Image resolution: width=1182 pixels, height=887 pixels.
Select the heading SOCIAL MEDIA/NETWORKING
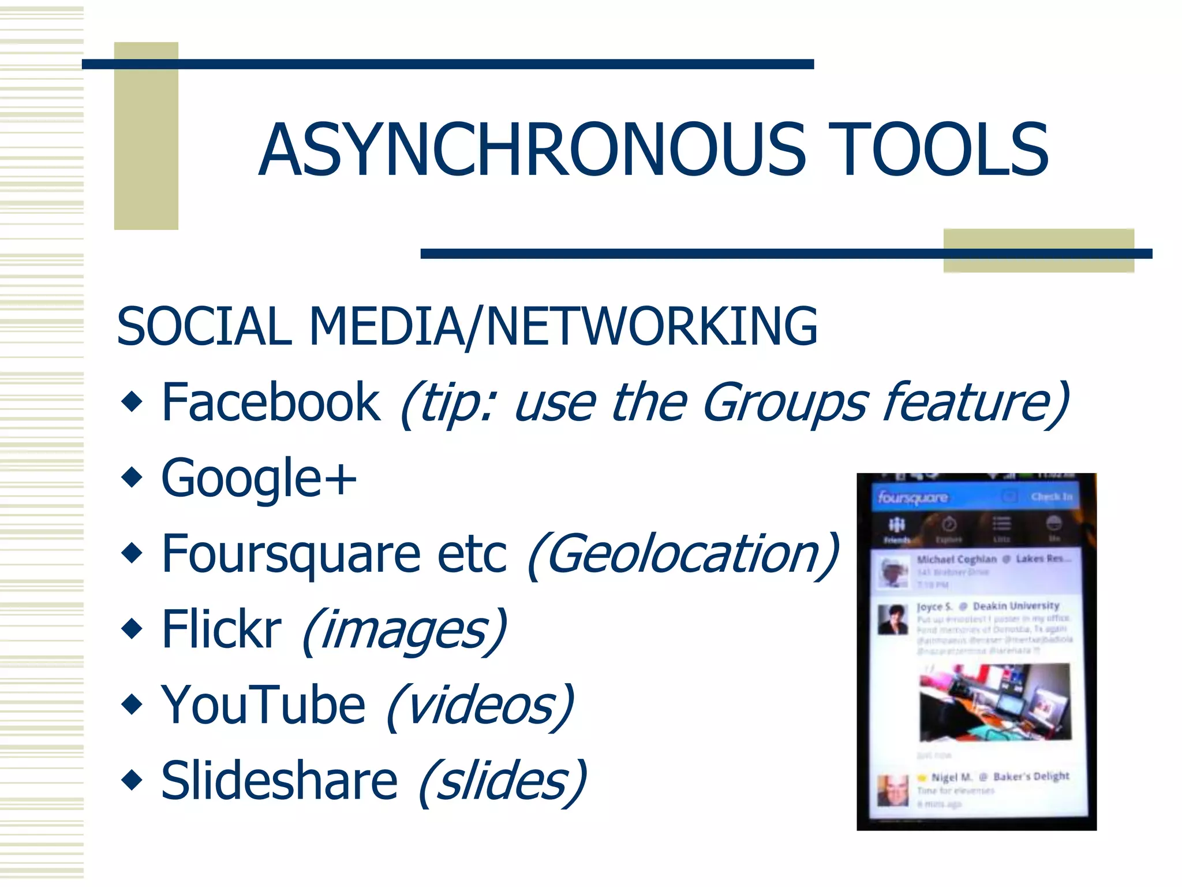(x=466, y=326)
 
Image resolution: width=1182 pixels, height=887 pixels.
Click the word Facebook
(x=271, y=402)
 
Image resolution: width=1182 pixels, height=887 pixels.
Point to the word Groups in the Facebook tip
(x=785, y=403)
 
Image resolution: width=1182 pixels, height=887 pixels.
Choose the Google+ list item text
(x=259, y=478)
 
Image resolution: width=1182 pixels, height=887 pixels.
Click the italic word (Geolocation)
(x=683, y=554)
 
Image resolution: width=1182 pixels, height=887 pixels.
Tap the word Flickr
(x=222, y=629)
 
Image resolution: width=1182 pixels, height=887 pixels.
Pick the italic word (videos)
(x=480, y=706)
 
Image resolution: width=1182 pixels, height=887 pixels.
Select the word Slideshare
(x=279, y=781)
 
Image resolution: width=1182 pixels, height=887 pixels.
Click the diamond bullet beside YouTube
(x=132, y=705)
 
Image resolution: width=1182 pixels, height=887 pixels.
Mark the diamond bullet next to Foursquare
(x=132, y=553)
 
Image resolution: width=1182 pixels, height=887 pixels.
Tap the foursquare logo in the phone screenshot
(x=912, y=497)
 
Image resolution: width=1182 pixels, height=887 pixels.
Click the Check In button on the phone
(x=1051, y=497)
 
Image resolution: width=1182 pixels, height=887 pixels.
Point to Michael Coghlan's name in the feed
(x=956, y=559)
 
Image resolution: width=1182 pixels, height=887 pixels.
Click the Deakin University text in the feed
(x=1016, y=606)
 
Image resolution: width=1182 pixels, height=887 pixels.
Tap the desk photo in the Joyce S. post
(x=994, y=702)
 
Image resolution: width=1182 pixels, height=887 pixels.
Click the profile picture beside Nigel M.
(x=892, y=790)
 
